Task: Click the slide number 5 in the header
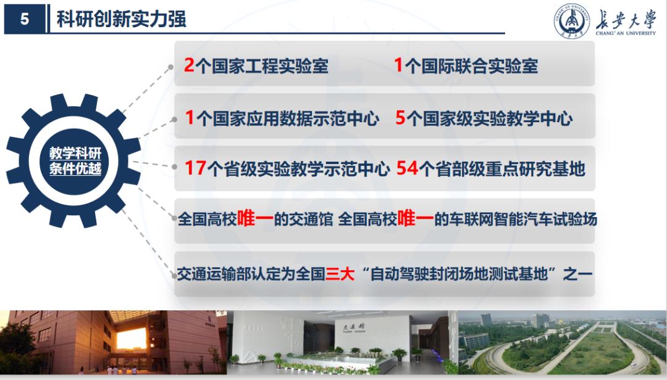[25, 20]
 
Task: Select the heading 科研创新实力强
[121, 19]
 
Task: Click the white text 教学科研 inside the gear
[75, 154]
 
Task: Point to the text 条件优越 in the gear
[75, 169]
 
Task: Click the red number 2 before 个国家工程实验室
[189, 65]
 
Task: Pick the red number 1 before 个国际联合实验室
[398, 65]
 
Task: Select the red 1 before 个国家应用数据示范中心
[190, 118]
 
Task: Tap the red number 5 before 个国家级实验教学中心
[400, 118]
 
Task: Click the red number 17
[195, 168]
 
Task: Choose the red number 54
[406, 168]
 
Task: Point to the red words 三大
[339, 273]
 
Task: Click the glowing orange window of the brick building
[131, 338]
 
